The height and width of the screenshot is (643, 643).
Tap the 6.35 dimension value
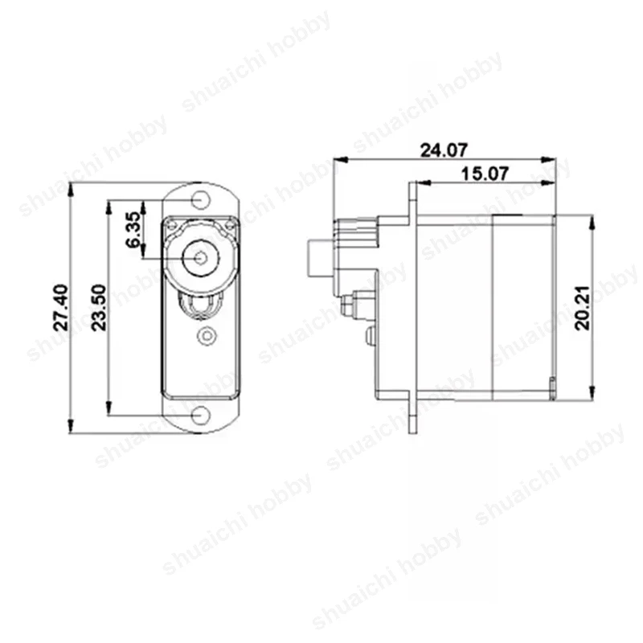[133, 231]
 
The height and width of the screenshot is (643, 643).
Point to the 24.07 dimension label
[444, 149]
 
